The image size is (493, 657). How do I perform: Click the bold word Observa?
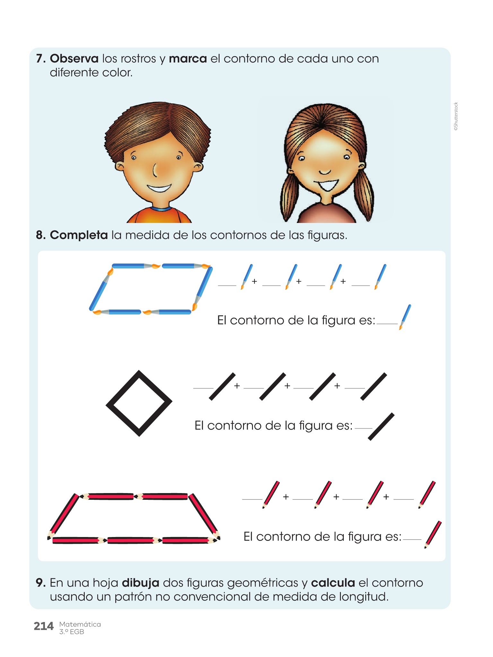click(x=74, y=59)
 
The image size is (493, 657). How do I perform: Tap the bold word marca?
click(x=188, y=59)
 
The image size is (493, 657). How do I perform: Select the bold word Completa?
click(x=79, y=235)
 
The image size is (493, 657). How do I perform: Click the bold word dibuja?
click(x=141, y=583)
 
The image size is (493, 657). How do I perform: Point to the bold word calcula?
click(x=333, y=583)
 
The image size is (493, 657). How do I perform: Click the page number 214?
click(x=44, y=626)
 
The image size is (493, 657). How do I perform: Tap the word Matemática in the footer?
click(x=80, y=624)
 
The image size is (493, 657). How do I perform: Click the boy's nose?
click(x=155, y=170)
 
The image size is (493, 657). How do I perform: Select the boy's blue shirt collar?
click(x=160, y=209)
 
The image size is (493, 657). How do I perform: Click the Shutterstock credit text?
click(x=456, y=116)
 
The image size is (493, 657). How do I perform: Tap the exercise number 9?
click(x=40, y=583)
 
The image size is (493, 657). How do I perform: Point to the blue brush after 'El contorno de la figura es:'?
click(x=405, y=317)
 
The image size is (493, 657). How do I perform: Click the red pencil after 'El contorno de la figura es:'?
click(x=433, y=534)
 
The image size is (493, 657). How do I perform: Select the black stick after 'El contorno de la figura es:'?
click(x=381, y=427)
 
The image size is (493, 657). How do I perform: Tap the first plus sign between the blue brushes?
click(x=255, y=281)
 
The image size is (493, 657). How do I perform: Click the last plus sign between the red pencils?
click(x=386, y=497)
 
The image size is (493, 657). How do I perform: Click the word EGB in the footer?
click(x=77, y=632)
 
